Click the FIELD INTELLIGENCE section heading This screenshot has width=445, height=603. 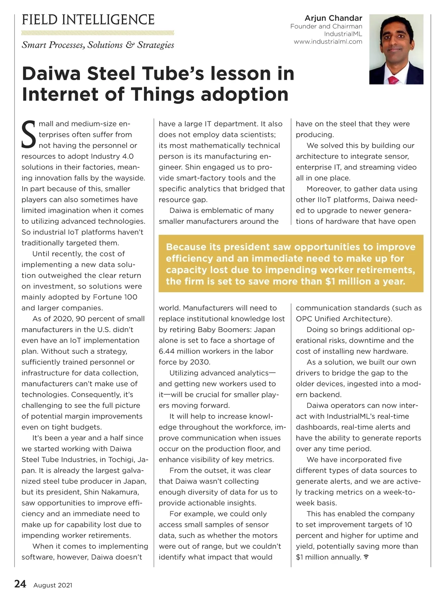[x=88, y=20]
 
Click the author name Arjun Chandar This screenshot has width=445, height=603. [x=333, y=18]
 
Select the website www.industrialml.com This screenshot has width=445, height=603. [x=328, y=42]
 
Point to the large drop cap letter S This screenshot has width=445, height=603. [x=29, y=134]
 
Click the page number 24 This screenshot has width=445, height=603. [x=20, y=584]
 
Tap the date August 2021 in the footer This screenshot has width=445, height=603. [x=53, y=585]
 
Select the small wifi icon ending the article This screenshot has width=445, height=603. [x=366, y=557]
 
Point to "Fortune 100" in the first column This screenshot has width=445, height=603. [x=115, y=297]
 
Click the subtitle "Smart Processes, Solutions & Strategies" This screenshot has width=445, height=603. [x=98, y=45]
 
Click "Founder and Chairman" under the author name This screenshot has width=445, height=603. [x=326, y=26]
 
